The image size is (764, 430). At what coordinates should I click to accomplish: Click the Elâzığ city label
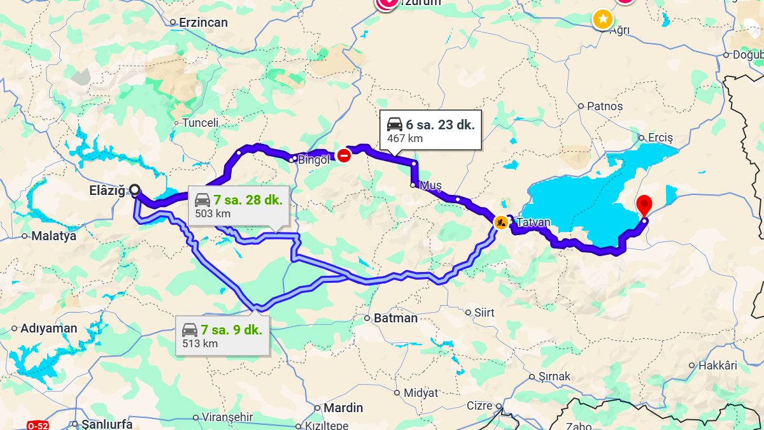[108, 189]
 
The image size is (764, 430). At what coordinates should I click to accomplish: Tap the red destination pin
[644, 205]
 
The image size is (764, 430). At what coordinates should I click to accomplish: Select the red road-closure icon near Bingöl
[344, 155]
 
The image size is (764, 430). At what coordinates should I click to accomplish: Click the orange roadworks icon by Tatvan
[501, 223]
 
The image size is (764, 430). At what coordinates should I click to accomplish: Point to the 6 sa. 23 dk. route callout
[430, 130]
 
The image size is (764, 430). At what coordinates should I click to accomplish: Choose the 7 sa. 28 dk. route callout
[238, 206]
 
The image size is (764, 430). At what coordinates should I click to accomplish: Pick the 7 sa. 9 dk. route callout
[222, 335]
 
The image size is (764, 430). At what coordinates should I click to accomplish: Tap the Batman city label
[395, 317]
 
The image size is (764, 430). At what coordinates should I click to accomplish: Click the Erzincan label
[202, 22]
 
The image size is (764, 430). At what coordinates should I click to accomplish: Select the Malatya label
[53, 236]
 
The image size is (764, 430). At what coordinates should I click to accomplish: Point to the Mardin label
[343, 408]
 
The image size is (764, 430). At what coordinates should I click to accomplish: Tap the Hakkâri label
[717, 366]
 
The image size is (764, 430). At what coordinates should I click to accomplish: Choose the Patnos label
[604, 106]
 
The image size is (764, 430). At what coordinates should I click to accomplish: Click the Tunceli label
[200, 122]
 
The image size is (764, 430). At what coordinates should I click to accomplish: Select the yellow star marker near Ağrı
[602, 19]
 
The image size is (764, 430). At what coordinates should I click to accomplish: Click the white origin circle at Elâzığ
[135, 189]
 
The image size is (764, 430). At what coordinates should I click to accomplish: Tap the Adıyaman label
[49, 329]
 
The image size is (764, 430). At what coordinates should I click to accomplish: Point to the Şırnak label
[554, 376]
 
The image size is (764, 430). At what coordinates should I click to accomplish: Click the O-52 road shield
[38, 425]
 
